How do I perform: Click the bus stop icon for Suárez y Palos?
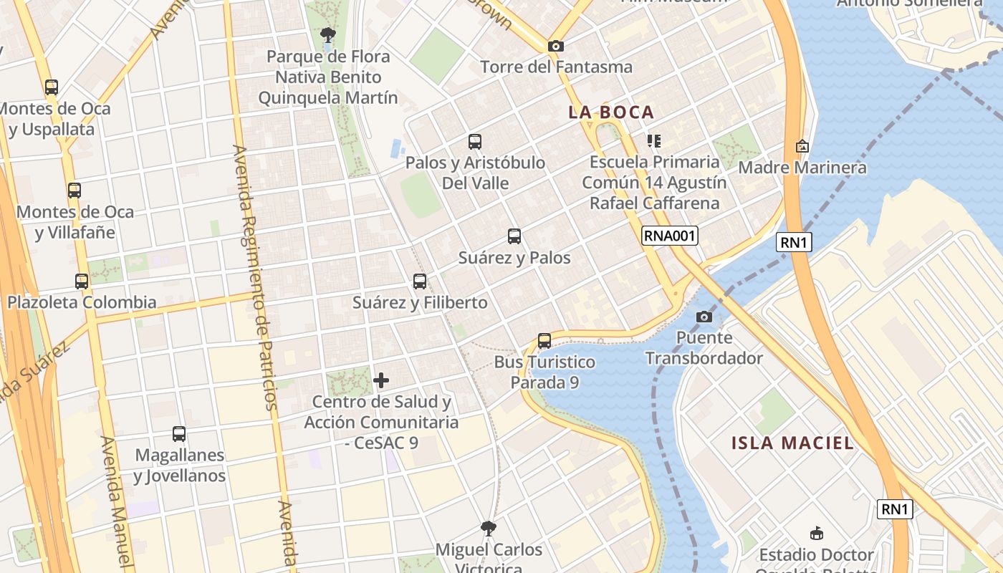pos(514,236)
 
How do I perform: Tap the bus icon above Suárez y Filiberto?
pos(420,281)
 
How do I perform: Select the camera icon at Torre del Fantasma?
pos(555,46)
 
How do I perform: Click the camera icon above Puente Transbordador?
pos(704,317)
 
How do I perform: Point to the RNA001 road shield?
pos(669,236)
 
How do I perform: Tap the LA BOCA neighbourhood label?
pos(611,112)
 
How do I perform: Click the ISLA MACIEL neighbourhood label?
pos(792,443)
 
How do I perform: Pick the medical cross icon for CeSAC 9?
pos(381,380)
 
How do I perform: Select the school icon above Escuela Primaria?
pos(653,140)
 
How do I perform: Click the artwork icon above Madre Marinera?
pos(802,146)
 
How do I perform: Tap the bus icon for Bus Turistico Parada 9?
pos(544,341)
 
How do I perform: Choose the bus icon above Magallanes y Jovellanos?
pos(179,434)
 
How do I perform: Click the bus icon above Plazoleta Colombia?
pos(82,281)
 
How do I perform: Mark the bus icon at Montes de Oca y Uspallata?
pos(52,87)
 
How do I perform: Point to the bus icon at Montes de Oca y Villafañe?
pos(75,191)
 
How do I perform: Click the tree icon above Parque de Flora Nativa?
pos(327,34)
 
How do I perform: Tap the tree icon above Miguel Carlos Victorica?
pos(489,529)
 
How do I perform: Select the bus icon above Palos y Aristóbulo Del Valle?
pos(475,142)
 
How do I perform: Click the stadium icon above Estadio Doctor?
pos(816,533)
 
